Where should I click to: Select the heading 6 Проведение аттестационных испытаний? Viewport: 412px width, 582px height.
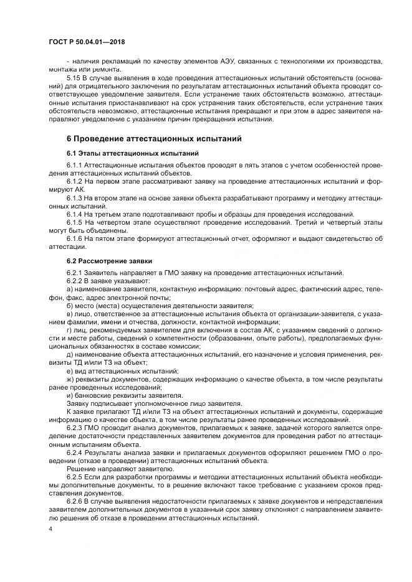[x=153, y=138]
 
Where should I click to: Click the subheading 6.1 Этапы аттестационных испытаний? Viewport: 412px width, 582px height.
[x=124, y=153]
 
